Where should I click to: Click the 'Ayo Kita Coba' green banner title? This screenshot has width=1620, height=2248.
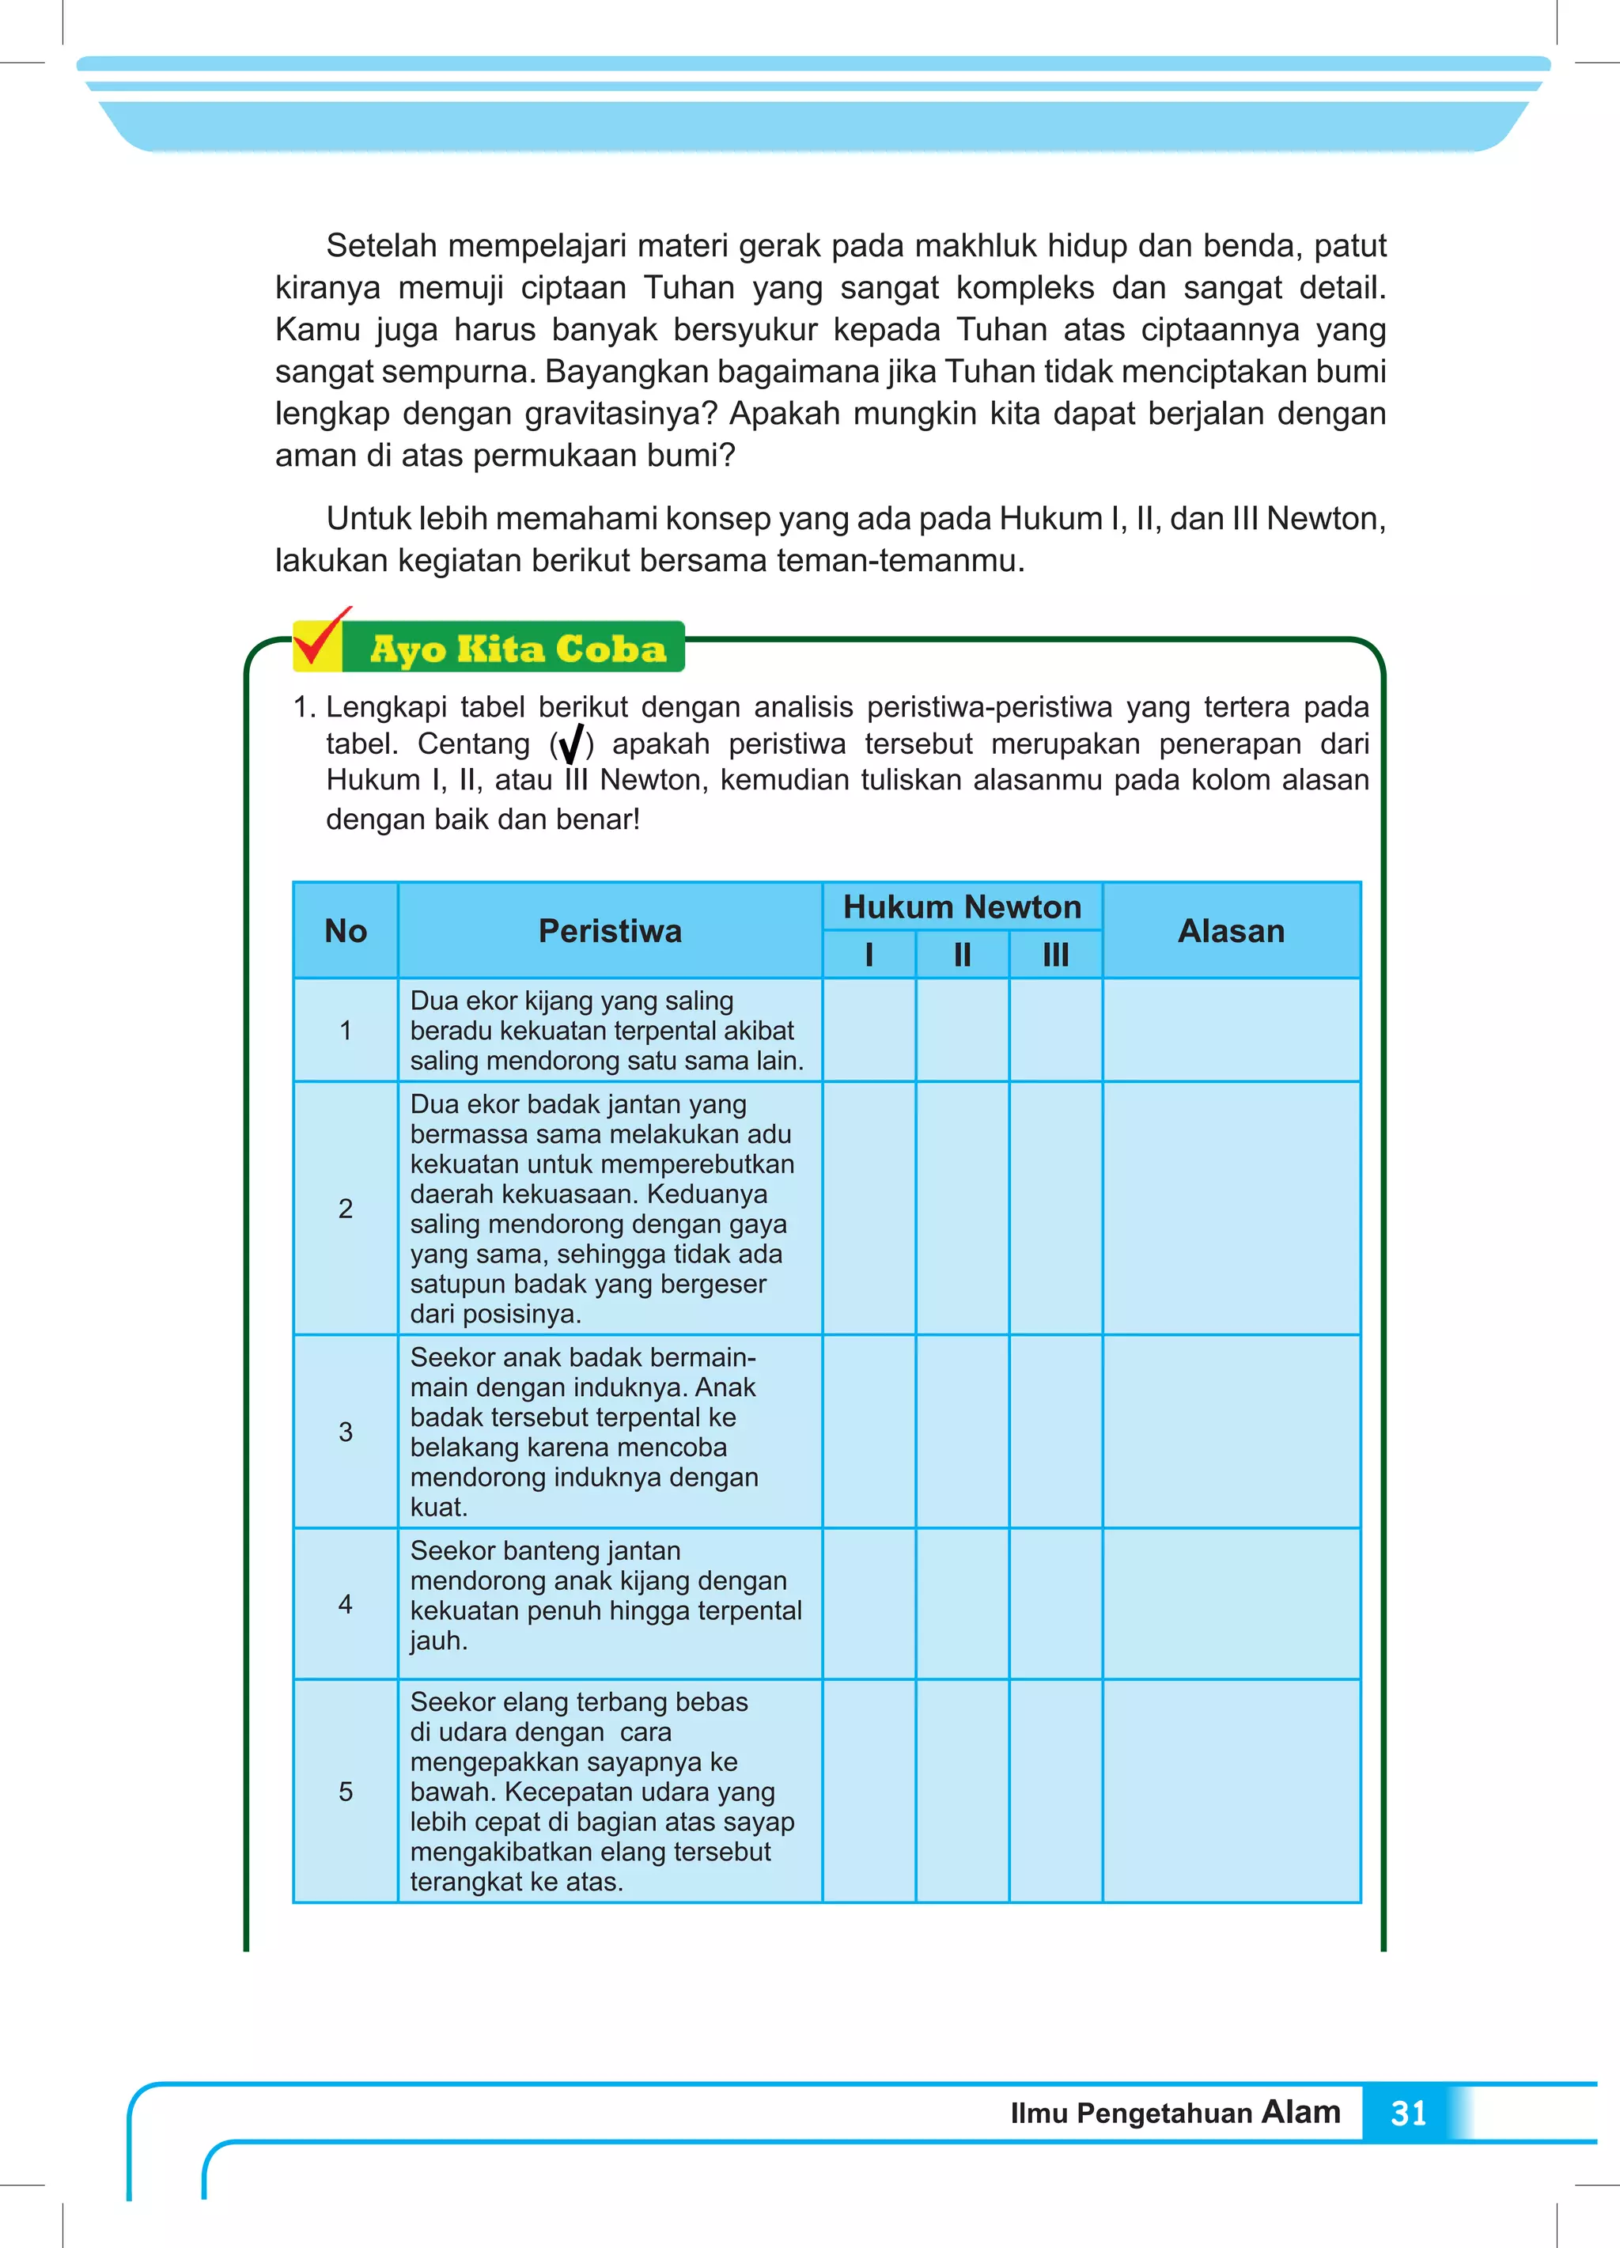pyautogui.click(x=517, y=649)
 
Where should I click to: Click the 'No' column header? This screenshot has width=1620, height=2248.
pyautogui.click(x=345, y=931)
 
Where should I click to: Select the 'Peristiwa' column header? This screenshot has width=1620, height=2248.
pyautogui.click(x=610, y=931)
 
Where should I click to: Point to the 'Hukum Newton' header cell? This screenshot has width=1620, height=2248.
pyautogui.click(x=962, y=907)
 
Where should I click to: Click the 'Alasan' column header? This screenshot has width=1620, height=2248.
pyautogui.click(x=1230, y=931)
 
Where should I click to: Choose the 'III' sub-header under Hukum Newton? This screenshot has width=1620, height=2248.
pyautogui.click(x=1055, y=955)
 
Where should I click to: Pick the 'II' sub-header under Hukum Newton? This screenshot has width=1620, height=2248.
pyautogui.click(x=962, y=955)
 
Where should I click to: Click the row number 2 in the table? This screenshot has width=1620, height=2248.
pyautogui.click(x=345, y=1209)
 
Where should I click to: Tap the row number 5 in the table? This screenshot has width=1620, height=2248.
pyautogui.click(x=345, y=1791)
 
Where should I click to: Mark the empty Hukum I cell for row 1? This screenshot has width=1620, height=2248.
pyautogui.click(x=869, y=1030)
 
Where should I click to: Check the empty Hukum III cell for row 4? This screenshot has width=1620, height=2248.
pyautogui.click(x=1055, y=1603)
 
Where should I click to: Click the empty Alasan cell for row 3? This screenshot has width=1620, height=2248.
pyautogui.click(x=1230, y=1431)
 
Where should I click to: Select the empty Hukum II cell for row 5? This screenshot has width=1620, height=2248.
pyautogui.click(x=962, y=1791)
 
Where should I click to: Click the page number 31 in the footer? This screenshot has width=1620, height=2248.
pyautogui.click(x=1408, y=2114)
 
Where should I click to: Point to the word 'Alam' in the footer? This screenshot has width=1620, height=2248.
pyautogui.click(x=1300, y=2111)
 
